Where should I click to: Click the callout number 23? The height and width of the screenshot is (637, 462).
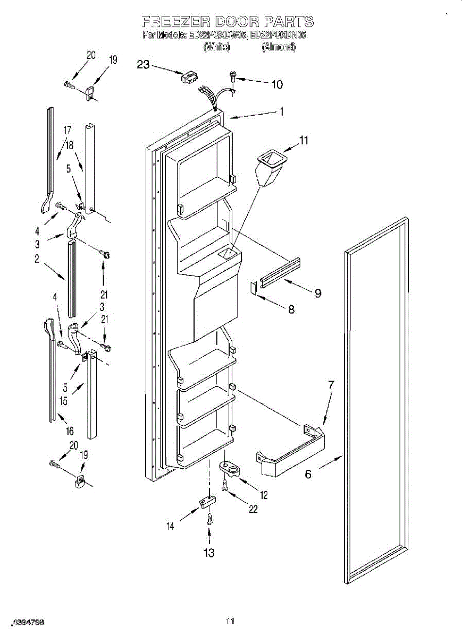pos(143,65)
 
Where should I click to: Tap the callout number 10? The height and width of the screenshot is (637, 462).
pos(276,84)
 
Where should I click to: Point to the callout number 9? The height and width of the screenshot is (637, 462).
pos(317,292)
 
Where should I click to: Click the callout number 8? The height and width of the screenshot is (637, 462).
pos(291,310)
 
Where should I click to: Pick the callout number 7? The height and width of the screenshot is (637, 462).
pos(331,384)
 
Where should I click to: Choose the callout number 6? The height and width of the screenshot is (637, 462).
pos(308,475)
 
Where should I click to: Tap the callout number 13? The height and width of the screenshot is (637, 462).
pos(209,553)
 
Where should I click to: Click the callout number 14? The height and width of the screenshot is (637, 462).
pos(171,526)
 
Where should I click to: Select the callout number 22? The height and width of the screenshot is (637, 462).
pos(253,509)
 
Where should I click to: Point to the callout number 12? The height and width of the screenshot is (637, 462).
pos(264,495)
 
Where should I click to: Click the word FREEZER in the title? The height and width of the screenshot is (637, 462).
pos(176,22)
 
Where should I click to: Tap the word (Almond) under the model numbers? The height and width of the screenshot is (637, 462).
pos(278,47)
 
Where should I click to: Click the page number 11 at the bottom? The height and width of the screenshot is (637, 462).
pos(230,621)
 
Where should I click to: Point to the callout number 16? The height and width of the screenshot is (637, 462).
pos(70,431)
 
